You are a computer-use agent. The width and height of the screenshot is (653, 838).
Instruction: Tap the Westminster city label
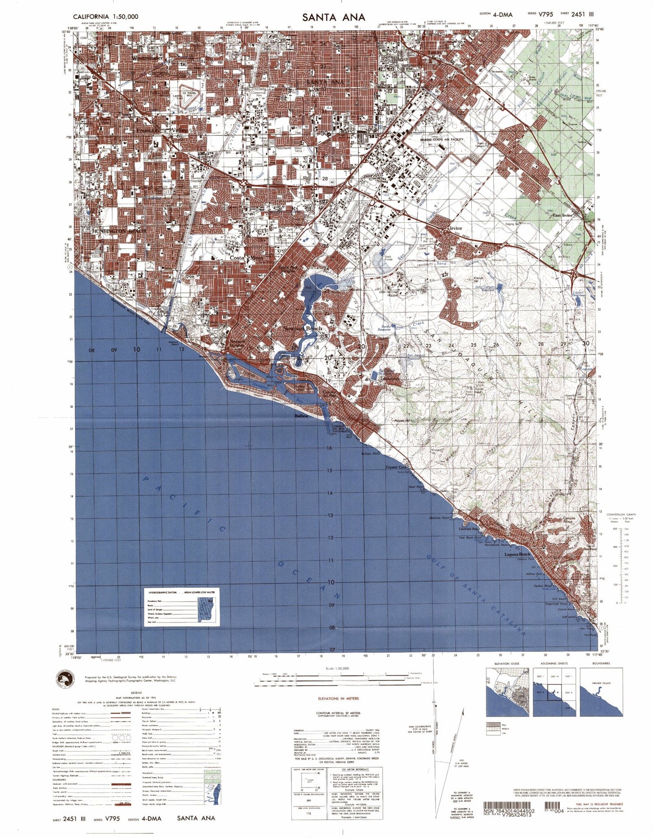click(x=148, y=58)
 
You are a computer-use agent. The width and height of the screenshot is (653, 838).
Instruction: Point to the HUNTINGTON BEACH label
click(x=119, y=231)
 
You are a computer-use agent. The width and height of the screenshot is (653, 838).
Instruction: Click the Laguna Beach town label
click(x=517, y=554)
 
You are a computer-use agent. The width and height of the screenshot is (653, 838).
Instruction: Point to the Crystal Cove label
click(x=397, y=467)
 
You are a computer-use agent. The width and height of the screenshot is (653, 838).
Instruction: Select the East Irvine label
click(x=563, y=215)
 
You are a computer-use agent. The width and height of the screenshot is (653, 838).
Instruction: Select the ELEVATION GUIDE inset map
click(x=507, y=692)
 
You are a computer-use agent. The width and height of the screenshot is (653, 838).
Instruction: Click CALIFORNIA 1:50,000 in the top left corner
click(x=106, y=17)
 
